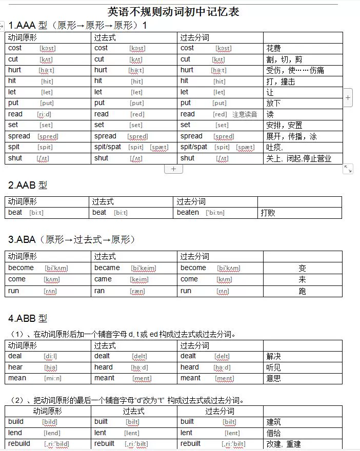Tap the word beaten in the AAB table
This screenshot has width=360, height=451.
pyautogui.click(x=188, y=213)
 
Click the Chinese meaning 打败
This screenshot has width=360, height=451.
pyautogui.click(x=268, y=213)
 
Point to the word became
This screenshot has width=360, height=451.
pyautogui.click(x=107, y=268)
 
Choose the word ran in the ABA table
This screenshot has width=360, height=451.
pyautogui.click(x=99, y=291)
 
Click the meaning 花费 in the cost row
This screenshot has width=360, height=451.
pyautogui.click(x=273, y=48)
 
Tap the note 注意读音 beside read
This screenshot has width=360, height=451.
pyautogui.click(x=245, y=114)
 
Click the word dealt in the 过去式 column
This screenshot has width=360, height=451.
pyautogui.click(x=102, y=356)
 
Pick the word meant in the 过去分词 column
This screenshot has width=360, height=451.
pyautogui.click(x=190, y=378)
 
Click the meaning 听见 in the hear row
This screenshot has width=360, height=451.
pyautogui.click(x=273, y=367)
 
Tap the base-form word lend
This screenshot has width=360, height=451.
pyautogui.click(x=16, y=433)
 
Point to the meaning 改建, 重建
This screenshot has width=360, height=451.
pyautogui.click(x=284, y=444)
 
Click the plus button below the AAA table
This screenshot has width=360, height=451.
pyautogui.click(x=173, y=169)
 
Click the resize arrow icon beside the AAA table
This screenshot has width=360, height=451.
pyautogui.click(x=348, y=169)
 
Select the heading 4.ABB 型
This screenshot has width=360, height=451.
pyautogui.click(x=28, y=318)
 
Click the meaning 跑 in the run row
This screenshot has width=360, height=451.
pyautogui.click(x=303, y=291)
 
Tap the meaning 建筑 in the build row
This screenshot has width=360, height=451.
pyautogui.click(x=273, y=422)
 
